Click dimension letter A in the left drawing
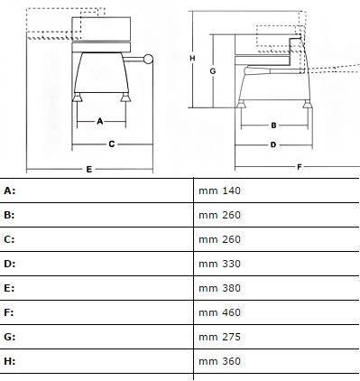point(100,121)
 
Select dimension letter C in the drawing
point(112,144)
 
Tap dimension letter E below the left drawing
point(89,169)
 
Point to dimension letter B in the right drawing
point(273,125)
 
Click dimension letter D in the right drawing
point(273,144)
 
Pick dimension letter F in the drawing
point(300,167)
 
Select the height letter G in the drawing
point(213,71)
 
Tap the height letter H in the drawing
point(192,58)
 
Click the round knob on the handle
point(148,59)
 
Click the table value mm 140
point(219,190)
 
